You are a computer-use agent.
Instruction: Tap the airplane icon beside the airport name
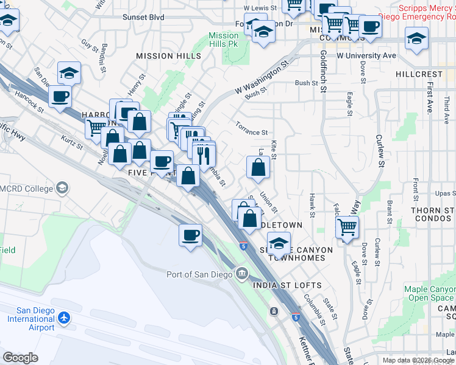(x=64, y=318)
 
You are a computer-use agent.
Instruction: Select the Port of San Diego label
(x=199, y=274)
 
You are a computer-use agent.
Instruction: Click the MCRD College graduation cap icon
(x=62, y=188)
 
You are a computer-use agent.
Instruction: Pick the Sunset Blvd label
(x=144, y=18)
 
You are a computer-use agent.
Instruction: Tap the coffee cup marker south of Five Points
(x=190, y=235)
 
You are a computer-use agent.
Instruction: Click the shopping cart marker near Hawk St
(x=347, y=228)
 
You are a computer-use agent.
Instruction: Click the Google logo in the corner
(x=20, y=357)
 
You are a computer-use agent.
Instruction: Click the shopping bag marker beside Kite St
(x=258, y=167)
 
